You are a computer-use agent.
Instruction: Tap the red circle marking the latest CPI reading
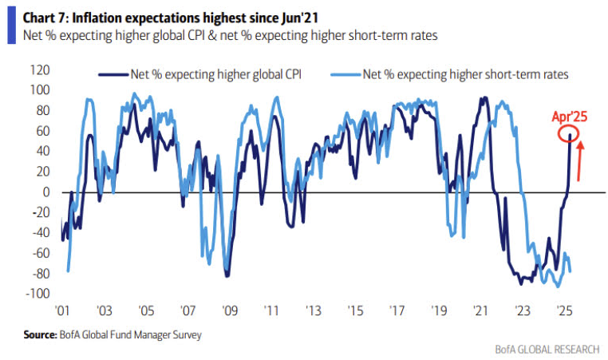coord(570,136)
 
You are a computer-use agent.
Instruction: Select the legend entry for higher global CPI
coord(203,74)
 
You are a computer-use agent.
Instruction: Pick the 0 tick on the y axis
coord(46,192)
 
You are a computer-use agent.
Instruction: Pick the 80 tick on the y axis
coord(43,111)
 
